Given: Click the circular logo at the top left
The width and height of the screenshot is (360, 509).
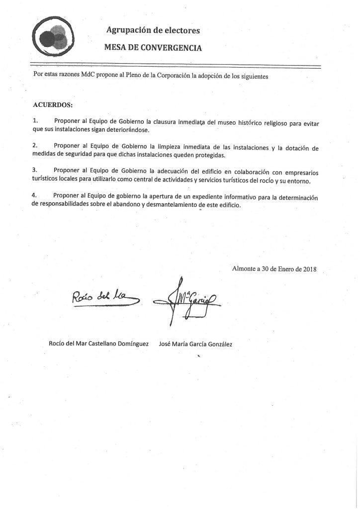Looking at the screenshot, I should pyautogui.click(x=53, y=38).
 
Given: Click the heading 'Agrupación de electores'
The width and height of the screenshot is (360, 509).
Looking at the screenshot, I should pyautogui.click(x=153, y=31).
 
